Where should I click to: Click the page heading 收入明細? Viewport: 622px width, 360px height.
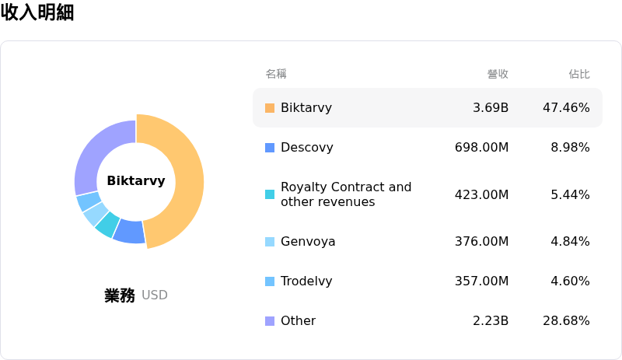coord(37,13)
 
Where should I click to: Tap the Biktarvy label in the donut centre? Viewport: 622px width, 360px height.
coord(136,181)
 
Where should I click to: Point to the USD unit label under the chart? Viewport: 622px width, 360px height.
coord(155,295)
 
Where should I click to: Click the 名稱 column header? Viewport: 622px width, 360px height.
coord(276,74)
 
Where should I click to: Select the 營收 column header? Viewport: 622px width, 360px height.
coord(498,74)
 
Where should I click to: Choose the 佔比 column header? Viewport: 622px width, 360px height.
coord(579,74)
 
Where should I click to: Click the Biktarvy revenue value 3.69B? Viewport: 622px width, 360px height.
coord(491,108)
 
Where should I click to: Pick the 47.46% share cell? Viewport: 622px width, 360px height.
coord(566,108)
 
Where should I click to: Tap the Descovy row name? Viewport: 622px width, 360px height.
coord(306,148)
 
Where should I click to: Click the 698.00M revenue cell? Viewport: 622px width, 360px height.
coord(481,148)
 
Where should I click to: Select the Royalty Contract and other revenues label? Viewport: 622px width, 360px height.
coord(346,194)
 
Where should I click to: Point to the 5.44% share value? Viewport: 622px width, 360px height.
coord(570,194)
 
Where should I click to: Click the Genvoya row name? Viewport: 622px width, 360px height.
coord(308,242)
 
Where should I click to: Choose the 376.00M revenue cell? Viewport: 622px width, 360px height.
coord(481,242)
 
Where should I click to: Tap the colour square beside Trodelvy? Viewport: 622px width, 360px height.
coord(270,281)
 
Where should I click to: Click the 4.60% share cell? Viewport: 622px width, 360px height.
coord(570,281)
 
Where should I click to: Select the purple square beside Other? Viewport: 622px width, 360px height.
coord(270,321)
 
